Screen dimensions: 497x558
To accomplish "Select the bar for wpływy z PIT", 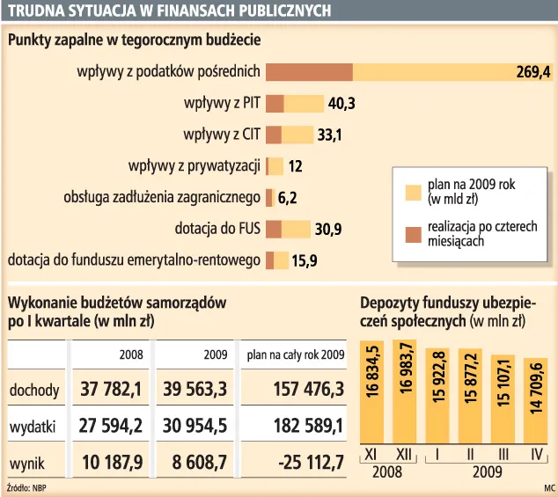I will coord(294,104).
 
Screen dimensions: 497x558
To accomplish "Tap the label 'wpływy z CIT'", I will coord(221,135).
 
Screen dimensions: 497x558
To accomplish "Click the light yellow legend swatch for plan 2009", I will coord(412,193).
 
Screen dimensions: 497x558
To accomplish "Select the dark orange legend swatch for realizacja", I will coord(412,233).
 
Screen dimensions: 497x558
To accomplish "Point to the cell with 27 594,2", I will coord(113,427).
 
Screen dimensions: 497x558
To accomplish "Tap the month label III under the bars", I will coord(502,454).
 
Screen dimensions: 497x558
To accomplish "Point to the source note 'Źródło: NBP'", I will coord(26,486).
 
